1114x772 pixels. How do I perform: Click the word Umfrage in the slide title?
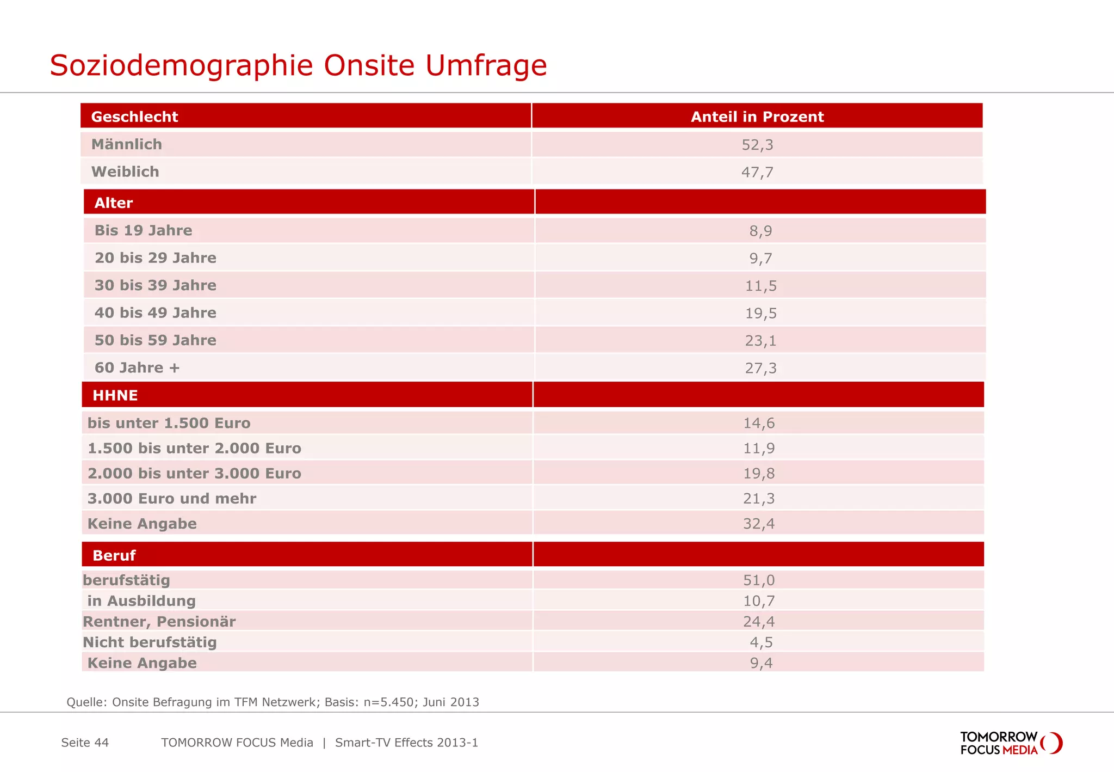tap(486, 66)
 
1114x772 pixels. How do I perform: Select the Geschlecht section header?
tap(134, 117)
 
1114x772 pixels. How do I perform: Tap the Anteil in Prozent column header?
tap(757, 117)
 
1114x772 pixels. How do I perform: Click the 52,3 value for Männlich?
tap(757, 145)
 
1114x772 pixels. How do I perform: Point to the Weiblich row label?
tap(125, 172)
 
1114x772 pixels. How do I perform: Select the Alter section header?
tap(114, 203)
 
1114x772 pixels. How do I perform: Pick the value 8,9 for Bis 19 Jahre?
tap(760, 231)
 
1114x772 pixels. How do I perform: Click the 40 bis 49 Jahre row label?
tap(155, 313)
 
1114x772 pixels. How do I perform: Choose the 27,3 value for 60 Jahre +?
tap(760, 368)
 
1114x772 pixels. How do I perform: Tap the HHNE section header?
tap(115, 395)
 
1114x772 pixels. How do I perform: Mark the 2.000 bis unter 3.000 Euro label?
tap(194, 474)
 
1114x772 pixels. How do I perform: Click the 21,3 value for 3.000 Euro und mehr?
tap(759, 499)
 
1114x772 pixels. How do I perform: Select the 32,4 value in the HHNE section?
tap(759, 524)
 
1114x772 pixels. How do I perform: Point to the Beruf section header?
tap(114, 555)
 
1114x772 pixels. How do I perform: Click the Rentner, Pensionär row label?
tap(159, 622)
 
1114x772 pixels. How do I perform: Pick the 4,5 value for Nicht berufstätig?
tap(761, 642)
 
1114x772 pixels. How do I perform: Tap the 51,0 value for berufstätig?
tap(759, 580)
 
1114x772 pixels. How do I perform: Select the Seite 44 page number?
tap(85, 743)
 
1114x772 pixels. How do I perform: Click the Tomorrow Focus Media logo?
tap(1011, 743)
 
